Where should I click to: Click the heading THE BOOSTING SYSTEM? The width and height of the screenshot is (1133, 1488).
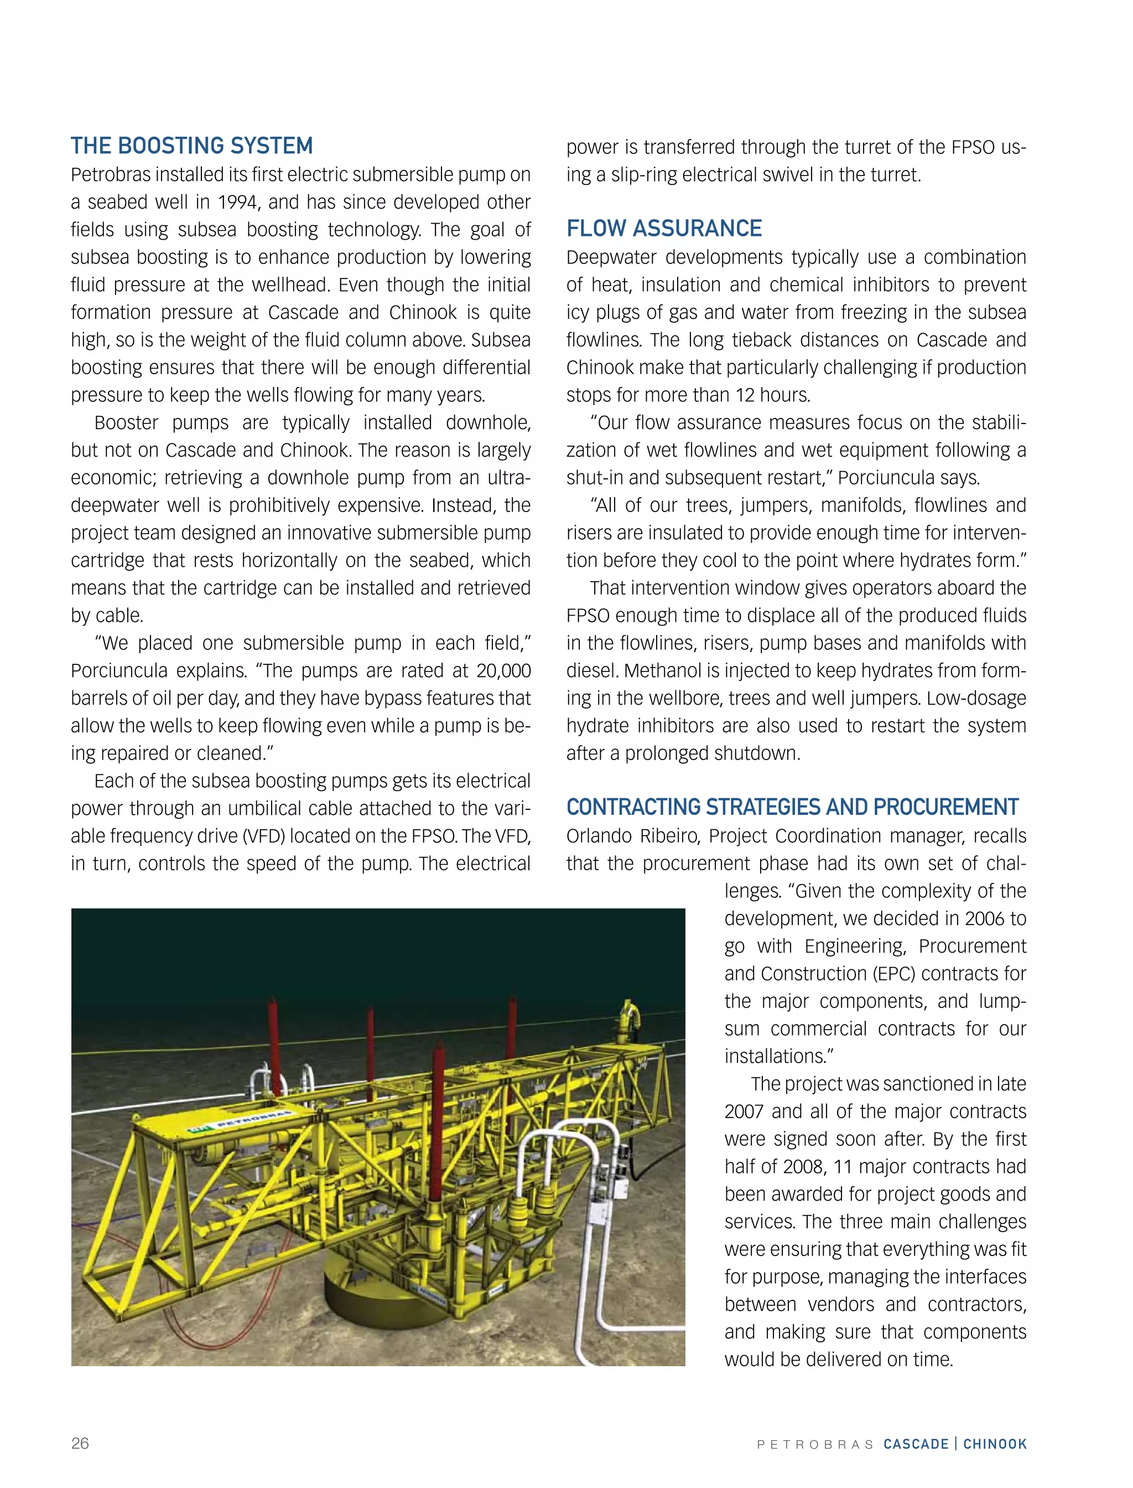[x=191, y=146]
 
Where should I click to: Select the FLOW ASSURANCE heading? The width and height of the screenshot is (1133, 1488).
[x=664, y=229]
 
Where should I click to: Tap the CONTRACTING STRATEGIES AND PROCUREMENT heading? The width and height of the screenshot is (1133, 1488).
[x=792, y=807]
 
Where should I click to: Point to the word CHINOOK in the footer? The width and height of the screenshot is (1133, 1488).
[x=995, y=1444]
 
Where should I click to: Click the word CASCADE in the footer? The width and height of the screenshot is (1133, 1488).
[x=916, y=1444]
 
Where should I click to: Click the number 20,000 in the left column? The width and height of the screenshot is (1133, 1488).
[x=503, y=671]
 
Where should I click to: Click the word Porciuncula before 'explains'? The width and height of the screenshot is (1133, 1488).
[x=119, y=671]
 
